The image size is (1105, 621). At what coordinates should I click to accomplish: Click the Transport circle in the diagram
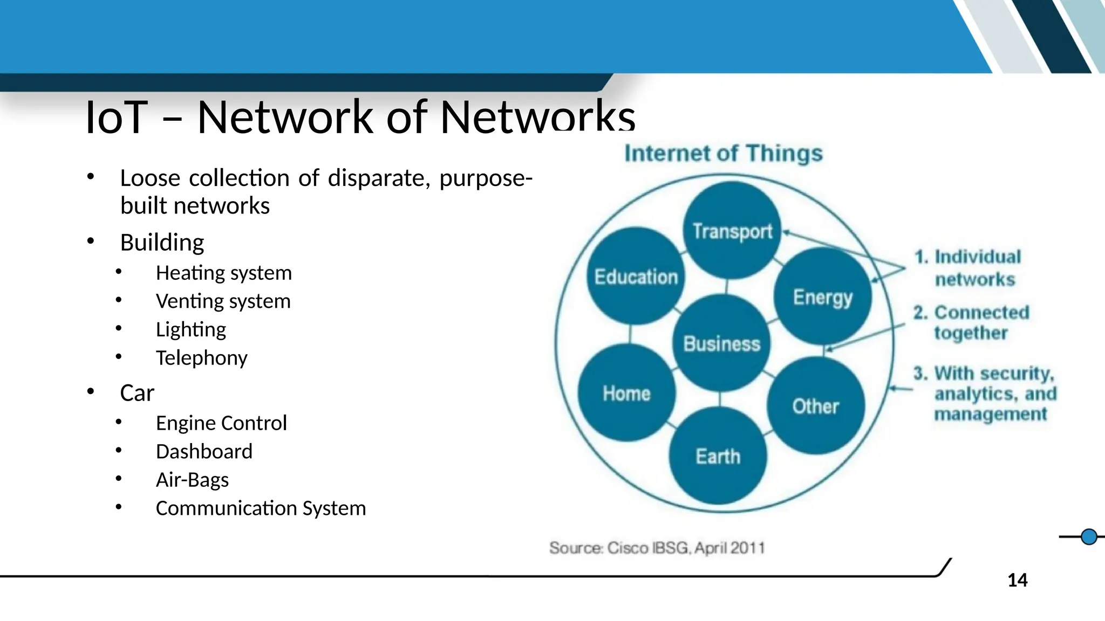[x=732, y=231]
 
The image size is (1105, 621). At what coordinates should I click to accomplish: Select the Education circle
[x=636, y=277]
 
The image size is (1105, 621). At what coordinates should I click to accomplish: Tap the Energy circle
[x=822, y=296]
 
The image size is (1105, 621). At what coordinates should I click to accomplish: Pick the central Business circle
[x=721, y=343]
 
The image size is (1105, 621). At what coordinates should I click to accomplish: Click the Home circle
[x=626, y=393]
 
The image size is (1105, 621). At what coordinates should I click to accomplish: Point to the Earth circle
[x=718, y=456]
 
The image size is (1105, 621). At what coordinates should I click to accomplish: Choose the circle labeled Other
[x=815, y=406]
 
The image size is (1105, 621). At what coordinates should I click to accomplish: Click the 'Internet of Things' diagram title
[x=724, y=153]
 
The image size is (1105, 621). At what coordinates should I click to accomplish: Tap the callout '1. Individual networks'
[x=968, y=268]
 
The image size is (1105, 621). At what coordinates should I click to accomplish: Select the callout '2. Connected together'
[x=971, y=322]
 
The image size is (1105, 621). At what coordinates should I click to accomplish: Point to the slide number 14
[x=1018, y=580]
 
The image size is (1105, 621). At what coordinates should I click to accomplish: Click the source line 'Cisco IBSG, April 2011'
[x=657, y=548]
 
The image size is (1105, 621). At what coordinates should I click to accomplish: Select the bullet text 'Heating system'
[x=223, y=273]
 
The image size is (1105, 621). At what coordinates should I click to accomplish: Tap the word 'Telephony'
[x=201, y=357]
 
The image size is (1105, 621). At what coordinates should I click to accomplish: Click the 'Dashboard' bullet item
[x=204, y=451]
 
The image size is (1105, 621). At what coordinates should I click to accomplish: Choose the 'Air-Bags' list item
[x=192, y=480]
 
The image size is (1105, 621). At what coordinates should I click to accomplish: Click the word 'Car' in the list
[x=137, y=392]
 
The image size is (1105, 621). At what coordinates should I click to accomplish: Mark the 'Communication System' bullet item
[x=261, y=508]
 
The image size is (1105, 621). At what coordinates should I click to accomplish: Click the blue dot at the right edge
[x=1089, y=537]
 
